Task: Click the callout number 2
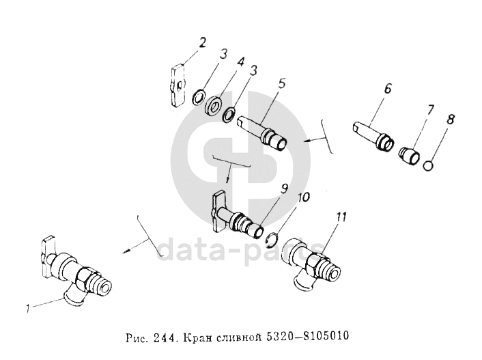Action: [x=202, y=43]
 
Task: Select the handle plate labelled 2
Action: [x=177, y=85]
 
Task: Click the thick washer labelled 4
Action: [x=214, y=106]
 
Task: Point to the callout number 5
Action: [x=282, y=84]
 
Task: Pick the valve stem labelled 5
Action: [x=263, y=133]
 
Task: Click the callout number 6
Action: [x=388, y=89]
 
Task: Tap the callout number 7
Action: [x=430, y=110]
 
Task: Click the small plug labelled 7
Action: [x=409, y=156]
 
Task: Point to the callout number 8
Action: [x=451, y=120]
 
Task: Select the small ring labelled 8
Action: [x=428, y=165]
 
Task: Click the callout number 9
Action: [x=284, y=189]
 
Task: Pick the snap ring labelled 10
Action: [x=272, y=240]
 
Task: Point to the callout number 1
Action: [x=28, y=308]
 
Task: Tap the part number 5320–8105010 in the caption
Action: [x=307, y=336]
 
